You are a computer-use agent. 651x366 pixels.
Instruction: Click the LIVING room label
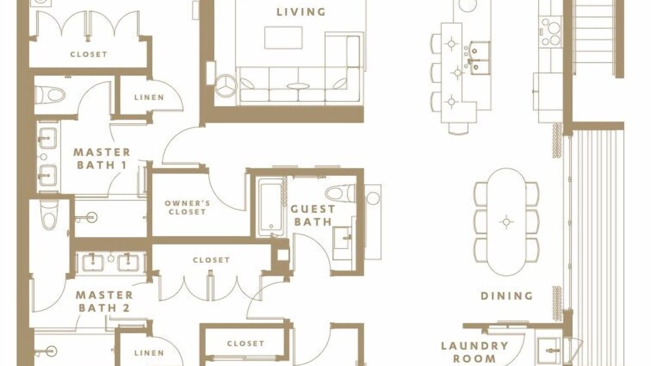coord(301,12)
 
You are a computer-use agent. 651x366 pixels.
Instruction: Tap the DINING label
coord(507,296)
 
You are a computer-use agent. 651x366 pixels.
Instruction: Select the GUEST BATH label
coord(313,215)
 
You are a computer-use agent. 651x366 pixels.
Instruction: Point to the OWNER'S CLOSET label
coord(187,207)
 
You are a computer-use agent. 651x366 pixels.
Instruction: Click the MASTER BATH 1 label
coord(102,159)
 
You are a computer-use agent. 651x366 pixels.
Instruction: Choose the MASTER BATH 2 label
coord(104,301)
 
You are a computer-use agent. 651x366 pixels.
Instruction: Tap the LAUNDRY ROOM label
coord(475,352)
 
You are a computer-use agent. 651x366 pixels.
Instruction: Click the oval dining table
coord(506,222)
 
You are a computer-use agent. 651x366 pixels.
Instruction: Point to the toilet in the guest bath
coord(340,193)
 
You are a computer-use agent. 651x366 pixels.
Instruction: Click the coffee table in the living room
coord(283,38)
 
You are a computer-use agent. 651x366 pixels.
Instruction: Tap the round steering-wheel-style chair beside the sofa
coord(226,85)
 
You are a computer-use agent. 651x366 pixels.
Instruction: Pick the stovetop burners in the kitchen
coord(550,32)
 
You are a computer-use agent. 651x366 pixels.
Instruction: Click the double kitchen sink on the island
coord(479,58)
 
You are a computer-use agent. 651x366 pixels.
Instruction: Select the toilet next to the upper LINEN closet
coord(50,95)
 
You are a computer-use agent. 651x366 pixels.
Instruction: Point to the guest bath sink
coord(343,238)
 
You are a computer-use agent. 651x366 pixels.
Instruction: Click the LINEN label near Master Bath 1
coord(149,97)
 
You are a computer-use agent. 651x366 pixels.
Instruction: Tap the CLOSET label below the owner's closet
coord(211,260)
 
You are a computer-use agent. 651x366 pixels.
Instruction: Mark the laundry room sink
coord(549,351)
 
